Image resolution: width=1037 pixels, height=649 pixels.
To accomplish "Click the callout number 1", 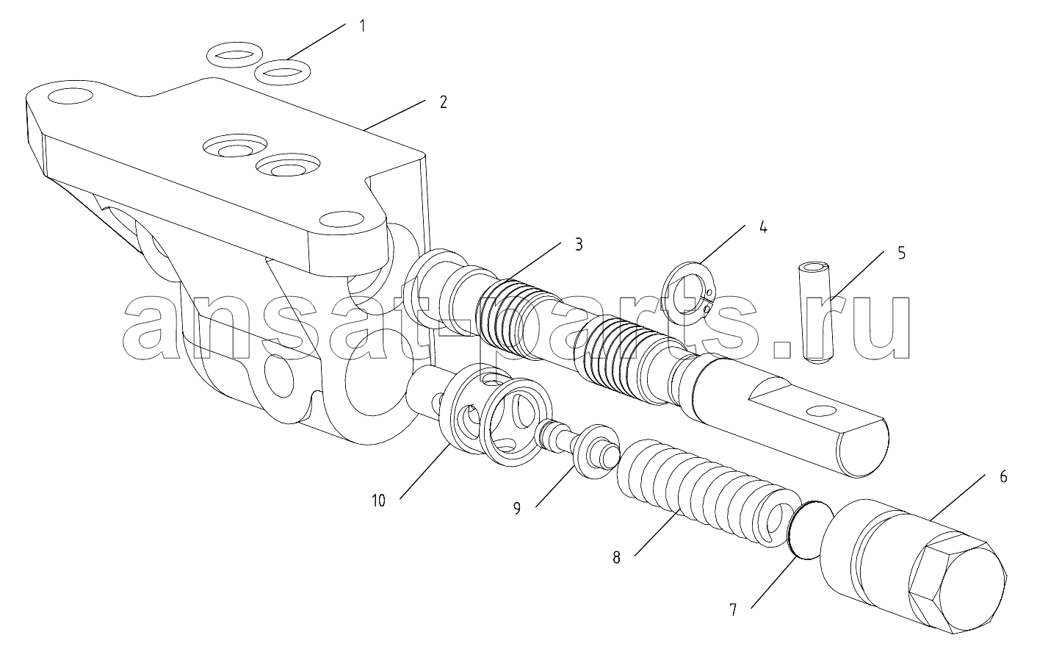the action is [363, 26].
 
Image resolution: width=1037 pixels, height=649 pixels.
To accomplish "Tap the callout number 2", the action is [443, 102].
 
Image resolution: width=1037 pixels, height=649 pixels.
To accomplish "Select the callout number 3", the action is [579, 244].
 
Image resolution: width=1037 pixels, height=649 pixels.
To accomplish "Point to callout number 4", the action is [763, 227].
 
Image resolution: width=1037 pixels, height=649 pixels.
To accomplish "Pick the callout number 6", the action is [1003, 477].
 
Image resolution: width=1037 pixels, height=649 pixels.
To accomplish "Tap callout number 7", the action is [733, 610].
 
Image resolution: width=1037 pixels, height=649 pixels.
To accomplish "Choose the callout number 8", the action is [616, 558].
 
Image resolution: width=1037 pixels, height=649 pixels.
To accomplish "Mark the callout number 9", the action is [516, 508].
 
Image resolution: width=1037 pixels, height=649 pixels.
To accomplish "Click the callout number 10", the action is [378, 501].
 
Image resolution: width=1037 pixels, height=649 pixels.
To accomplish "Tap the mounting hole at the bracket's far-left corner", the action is [70, 97].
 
